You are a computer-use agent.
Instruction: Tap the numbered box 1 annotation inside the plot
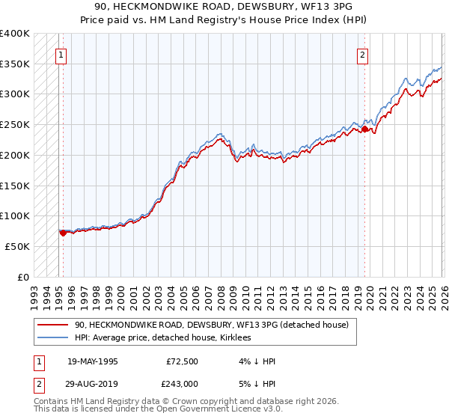tap(60, 54)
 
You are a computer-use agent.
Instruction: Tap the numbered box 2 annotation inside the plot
tap(363, 54)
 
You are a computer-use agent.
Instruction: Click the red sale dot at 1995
tap(63, 233)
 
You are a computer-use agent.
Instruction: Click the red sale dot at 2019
tap(364, 129)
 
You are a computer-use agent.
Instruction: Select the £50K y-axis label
tap(17, 246)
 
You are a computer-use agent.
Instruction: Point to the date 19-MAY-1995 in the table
tap(93, 361)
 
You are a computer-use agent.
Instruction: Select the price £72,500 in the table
tap(183, 361)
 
